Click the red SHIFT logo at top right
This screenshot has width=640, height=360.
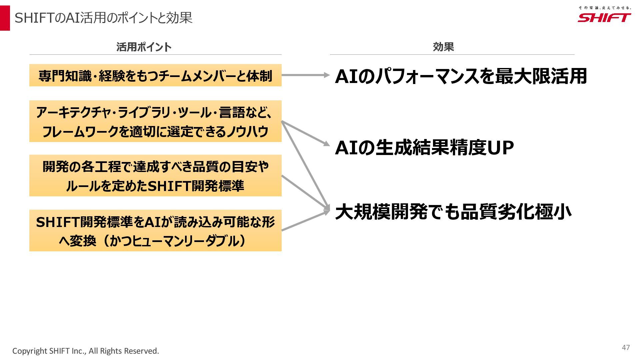604,18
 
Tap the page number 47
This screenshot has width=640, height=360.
626,347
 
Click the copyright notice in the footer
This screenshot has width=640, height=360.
86,351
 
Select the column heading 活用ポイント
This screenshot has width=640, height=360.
144,47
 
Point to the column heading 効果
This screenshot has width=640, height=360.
443,47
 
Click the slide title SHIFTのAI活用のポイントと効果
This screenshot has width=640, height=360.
103,18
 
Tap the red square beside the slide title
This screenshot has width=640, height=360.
5,18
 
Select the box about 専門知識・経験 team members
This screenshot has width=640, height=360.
155,75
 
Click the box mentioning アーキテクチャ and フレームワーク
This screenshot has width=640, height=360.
155,121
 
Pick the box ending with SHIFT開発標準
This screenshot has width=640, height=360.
155,176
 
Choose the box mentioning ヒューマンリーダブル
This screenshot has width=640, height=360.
155,230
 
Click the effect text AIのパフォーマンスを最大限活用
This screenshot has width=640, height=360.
461,76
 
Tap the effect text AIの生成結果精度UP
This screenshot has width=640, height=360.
424,148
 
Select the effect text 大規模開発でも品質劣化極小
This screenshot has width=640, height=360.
453,212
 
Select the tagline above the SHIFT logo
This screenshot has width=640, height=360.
604,7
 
